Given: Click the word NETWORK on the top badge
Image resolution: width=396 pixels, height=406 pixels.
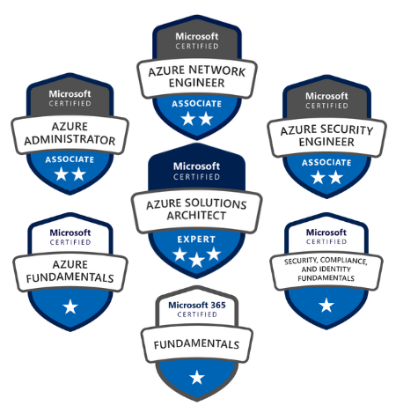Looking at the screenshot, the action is coord(217,70).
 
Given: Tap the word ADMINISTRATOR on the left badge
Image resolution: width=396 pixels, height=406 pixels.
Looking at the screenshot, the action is coord(70,140).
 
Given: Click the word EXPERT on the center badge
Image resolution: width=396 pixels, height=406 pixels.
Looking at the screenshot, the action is coord(196,240).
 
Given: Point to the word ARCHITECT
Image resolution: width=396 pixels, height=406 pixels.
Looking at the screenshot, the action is coord(196,216).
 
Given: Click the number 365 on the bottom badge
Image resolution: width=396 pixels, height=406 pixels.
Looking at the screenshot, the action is coord(218,305).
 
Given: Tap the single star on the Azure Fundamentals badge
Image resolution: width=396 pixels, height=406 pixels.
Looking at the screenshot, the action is coord(70,306).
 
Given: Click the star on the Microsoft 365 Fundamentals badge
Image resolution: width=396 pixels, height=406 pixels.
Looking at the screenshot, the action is coord(197,377).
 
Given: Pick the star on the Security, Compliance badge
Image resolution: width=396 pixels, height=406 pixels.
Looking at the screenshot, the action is coord(326,305).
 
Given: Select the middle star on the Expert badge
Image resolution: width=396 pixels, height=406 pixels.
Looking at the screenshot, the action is coord(196,260).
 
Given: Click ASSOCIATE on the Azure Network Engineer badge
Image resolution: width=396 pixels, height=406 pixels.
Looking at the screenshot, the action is coord(196,104).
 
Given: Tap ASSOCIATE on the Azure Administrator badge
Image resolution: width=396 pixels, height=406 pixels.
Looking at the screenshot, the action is coord(70,159).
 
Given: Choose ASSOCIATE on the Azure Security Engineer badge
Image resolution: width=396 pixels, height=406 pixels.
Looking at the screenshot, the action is coord(326,162).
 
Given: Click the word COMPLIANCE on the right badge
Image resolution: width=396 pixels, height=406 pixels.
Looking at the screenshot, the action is coord(343,261).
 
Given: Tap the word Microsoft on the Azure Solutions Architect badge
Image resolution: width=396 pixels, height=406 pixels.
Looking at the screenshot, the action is coord(196,166).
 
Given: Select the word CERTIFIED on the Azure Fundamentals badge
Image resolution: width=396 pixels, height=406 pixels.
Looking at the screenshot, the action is coord(70,242).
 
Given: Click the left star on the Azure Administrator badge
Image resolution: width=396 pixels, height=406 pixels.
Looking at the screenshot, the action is coord(62,173).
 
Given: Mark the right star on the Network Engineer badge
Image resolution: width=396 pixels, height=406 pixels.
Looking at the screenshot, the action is coord(206,119).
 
